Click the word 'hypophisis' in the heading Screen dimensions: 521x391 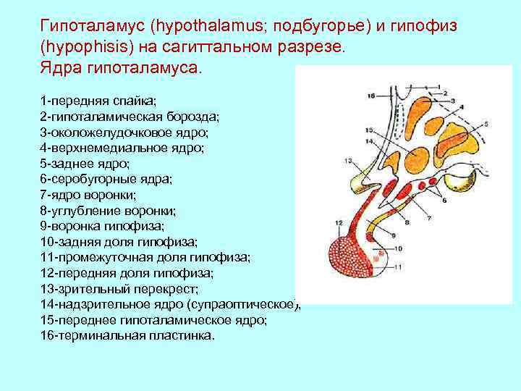[84, 48]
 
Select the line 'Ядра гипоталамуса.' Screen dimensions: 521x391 [123, 69]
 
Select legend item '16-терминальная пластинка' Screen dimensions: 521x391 [128, 336]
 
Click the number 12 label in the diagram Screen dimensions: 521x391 [339, 222]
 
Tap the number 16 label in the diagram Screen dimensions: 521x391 [370, 96]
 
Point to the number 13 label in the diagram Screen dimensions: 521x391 [349, 161]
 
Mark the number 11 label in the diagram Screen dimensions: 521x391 [397, 267]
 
